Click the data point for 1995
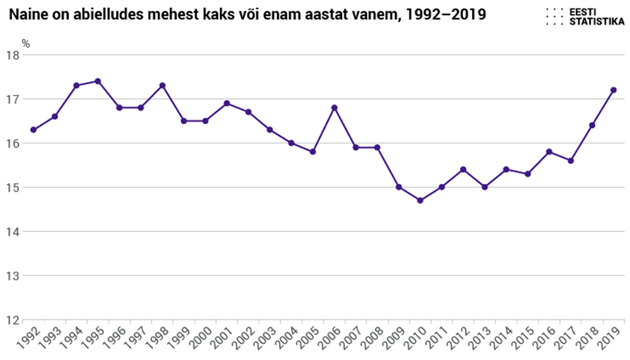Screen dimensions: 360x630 pos(98,81)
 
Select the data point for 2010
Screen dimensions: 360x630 pos(420,200)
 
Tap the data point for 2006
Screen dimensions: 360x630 pos(335,108)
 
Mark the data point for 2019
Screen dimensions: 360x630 pos(614,90)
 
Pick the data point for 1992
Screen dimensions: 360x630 pos(33,130)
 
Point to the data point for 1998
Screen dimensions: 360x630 pos(163,86)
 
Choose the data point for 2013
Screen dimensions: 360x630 pos(484,187)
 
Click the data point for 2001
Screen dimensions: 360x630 pos(227,103)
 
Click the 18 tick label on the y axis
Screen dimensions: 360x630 pos(13,55)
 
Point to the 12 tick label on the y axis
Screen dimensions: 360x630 pos(13,320)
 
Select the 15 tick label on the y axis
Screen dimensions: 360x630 pos(13,187)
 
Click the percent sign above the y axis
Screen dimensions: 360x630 pos(26,44)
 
